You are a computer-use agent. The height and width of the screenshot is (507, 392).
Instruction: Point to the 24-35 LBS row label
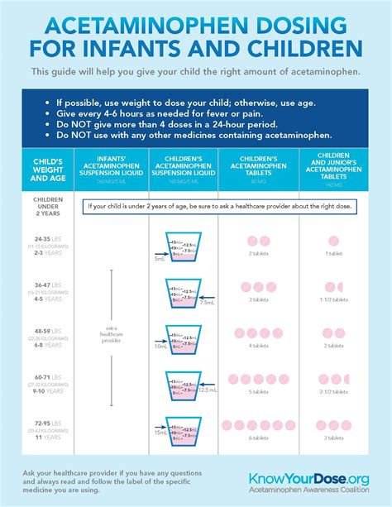[45, 245]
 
